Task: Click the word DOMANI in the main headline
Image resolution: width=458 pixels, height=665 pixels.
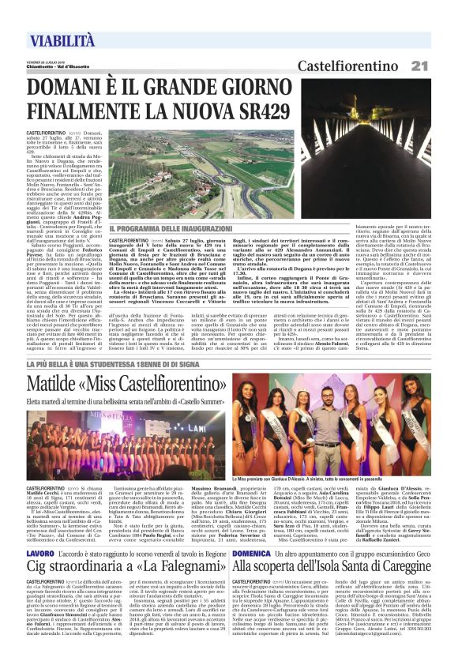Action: pyautogui.click(x=75, y=85)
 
